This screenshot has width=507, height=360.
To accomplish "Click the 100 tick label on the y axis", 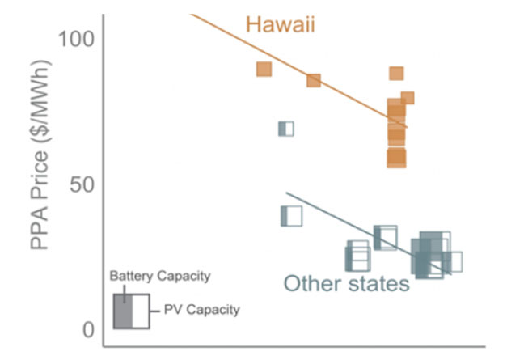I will click(78, 38).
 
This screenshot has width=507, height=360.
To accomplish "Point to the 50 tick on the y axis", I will click(84, 184).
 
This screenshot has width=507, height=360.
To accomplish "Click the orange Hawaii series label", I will click(280, 25).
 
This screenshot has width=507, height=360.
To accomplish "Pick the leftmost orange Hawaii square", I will click(264, 70).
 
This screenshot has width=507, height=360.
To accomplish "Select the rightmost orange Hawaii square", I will click(407, 98).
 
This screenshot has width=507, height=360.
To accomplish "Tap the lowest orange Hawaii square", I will click(396, 159).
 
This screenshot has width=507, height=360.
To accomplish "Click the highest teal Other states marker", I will click(285, 129).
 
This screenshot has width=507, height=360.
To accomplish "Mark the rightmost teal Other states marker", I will click(453, 262).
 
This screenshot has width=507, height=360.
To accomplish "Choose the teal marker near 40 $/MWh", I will click(290, 216).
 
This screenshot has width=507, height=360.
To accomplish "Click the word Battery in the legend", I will click(130, 276).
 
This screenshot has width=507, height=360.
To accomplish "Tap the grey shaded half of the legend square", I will click(122, 311).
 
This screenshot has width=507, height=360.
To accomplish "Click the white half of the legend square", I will click(140, 311).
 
